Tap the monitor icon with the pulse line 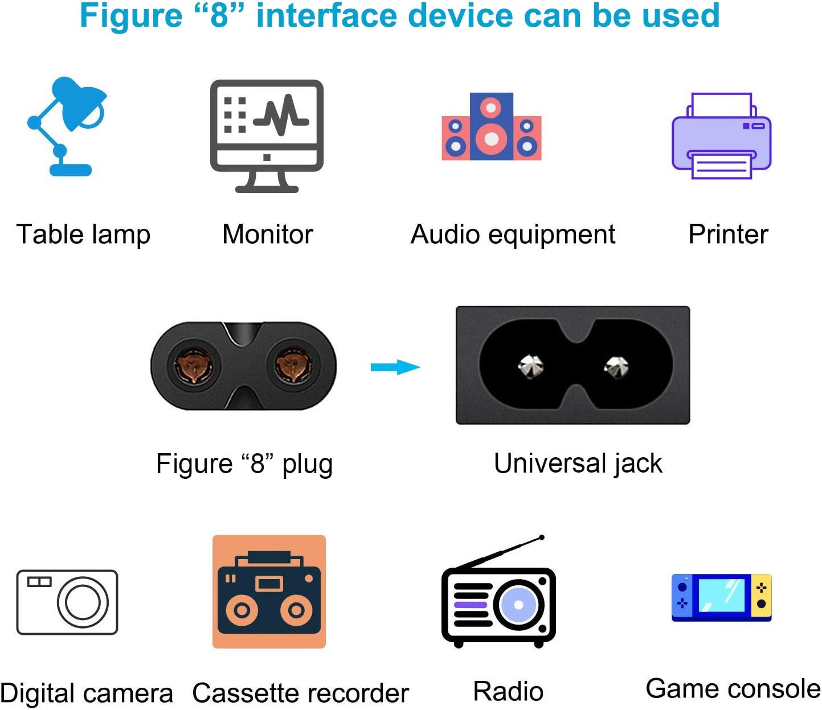click(267, 136)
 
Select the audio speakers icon click(491, 126)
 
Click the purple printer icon click(721, 137)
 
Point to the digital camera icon click(67, 602)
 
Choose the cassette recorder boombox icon click(269, 592)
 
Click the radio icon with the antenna click(498, 598)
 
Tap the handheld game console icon click(721, 597)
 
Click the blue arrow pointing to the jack click(395, 367)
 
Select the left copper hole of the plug click(194, 366)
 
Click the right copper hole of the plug click(293, 366)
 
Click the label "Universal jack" click(578, 463)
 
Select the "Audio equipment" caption click(513, 235)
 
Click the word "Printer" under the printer click(728, 235)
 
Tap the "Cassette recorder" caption click(300, 693)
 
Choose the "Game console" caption click(733, 689)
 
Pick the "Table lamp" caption click(83, 235)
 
